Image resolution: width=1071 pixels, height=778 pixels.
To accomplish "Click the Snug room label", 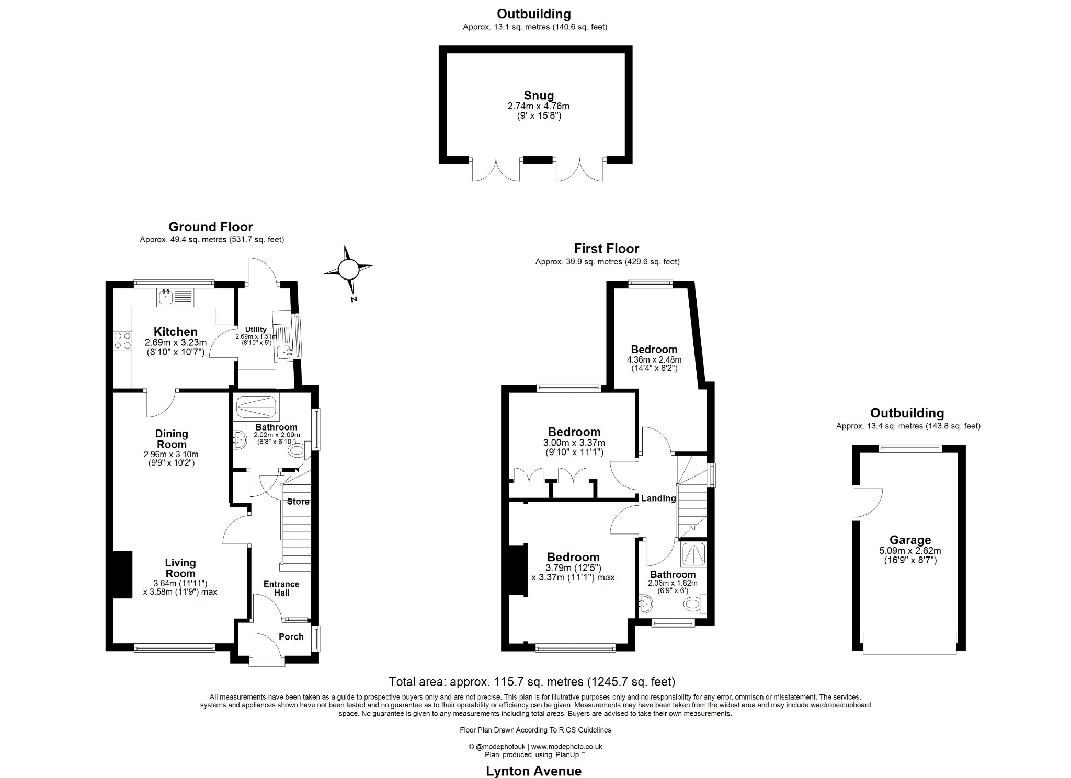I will tap(539, 96).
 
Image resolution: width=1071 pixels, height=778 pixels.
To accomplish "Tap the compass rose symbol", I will tap(348, 270).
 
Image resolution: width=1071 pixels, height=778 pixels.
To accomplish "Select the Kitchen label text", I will tap(176, 332).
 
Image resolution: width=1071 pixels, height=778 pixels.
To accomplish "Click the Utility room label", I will tap(256, 330).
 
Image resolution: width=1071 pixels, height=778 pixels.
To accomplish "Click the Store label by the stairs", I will tap(298, 502).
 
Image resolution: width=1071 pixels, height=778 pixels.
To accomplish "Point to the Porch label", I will tap(291, 636).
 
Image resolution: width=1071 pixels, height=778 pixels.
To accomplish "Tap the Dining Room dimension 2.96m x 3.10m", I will tap(171, 455).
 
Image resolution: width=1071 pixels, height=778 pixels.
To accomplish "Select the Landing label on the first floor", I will tap(658, 498).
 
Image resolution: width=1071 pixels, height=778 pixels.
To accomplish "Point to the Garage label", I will tap(910, 540).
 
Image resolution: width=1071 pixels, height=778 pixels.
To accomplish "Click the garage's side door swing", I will tap(868, 503).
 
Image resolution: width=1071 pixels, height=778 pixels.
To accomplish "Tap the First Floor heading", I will tap(607, 249).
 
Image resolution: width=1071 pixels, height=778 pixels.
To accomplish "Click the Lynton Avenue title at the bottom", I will tap(533, 771).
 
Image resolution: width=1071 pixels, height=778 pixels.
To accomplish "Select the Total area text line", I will tap(532, 682).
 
